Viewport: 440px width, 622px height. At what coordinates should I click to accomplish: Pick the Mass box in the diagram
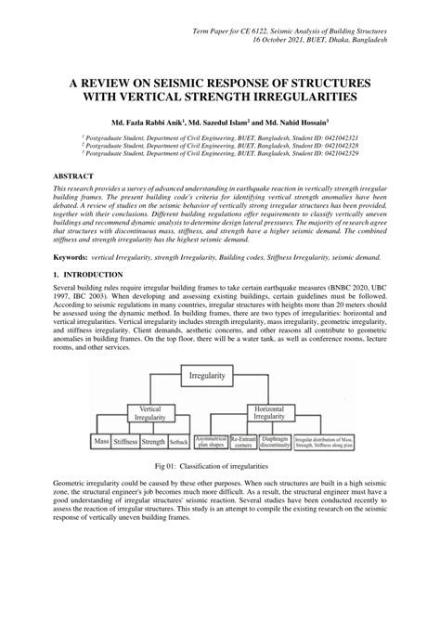click(102, 443)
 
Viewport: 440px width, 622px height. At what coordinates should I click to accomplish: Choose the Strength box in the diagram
click(154, 443)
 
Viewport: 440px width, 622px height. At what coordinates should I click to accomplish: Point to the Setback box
click(179, 443)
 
